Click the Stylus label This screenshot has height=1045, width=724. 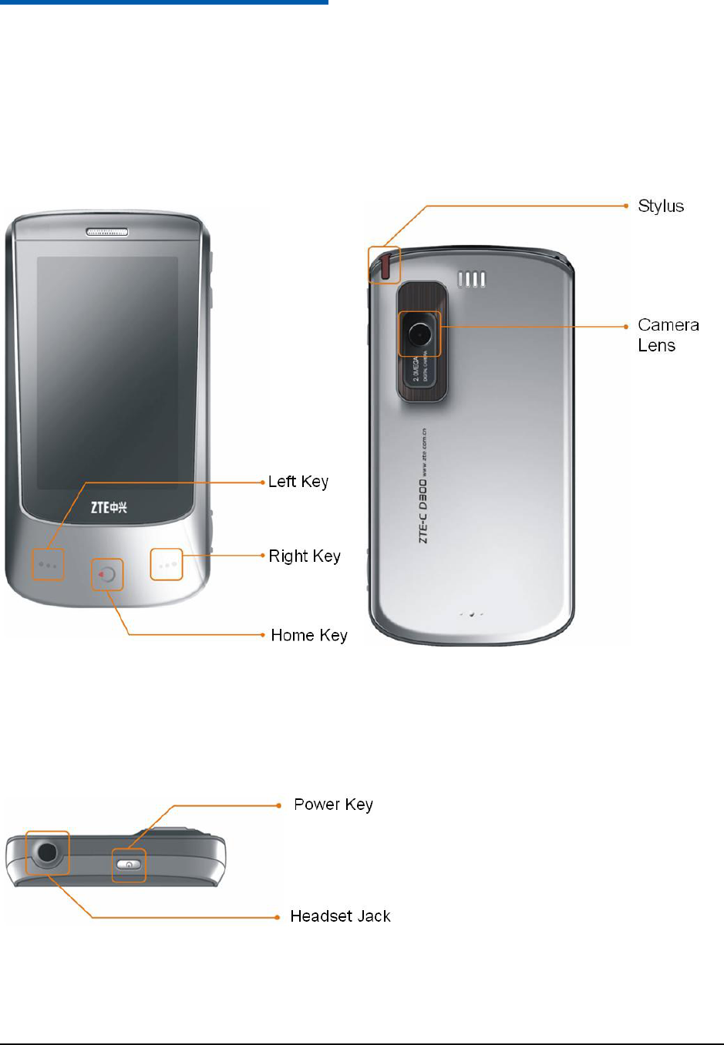(x=661, y=207)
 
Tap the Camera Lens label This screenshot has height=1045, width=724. (x=668, y=335)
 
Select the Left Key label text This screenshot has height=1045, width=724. (x=298, y=482)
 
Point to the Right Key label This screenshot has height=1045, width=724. (x=305, y=556)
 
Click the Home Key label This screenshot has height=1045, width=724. (x=309, y=636)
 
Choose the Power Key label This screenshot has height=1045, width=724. (x=333, y=805)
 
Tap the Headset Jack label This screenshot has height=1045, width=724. (x=340, y=916)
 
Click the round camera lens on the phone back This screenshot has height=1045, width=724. (x=420, y=334)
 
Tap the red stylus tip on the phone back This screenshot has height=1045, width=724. (x=385, y=266)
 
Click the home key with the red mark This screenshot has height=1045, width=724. (x=108, y=575)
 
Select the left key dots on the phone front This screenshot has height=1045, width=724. (x=48, y=566)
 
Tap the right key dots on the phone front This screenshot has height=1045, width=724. (x=167, y=565)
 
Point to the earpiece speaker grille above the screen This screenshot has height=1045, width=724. (x=107, y=232)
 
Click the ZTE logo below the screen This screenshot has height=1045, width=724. (x=109, y=507)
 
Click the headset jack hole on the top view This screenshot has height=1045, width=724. (x=47, y=852)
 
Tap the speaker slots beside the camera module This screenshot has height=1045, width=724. (x=472, y=280)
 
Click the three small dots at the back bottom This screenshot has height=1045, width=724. (x=471, y=614)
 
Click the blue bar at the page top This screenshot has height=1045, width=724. (x=163, y=2)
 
